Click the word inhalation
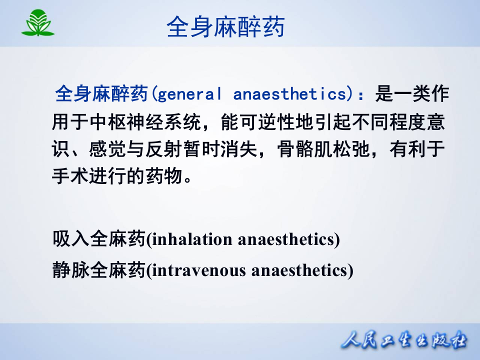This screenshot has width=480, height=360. pyautogui.click(x=192, y=239)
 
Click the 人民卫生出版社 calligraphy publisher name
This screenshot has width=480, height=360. pyautogui.click(x=404, y=341)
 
